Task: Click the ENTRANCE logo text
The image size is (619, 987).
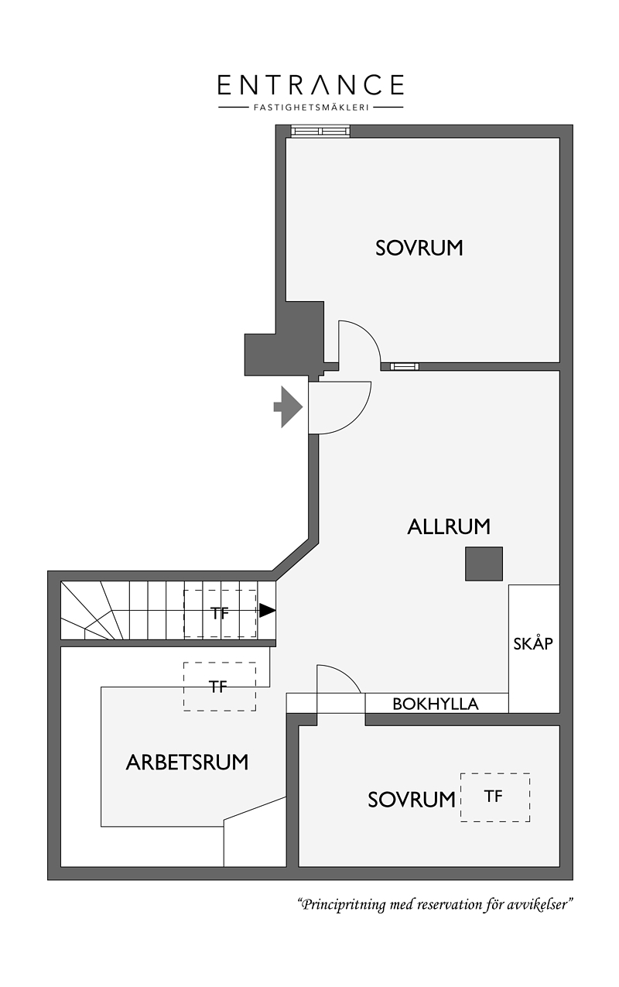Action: [310, 84]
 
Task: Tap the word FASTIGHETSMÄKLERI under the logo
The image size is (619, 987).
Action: [310, 107]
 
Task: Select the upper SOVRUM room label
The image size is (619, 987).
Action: [419, 248]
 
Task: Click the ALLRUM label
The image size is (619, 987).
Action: [449, 526]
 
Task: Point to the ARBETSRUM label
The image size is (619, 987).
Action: [187, 763]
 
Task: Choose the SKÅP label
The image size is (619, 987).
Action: [533, 644]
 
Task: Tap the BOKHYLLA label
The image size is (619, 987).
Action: [436, 704]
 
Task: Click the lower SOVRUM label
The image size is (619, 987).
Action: [412, 800]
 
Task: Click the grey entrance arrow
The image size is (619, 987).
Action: [288, 406]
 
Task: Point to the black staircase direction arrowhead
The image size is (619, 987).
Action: [267, 610]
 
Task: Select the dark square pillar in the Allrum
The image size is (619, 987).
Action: [484, 564]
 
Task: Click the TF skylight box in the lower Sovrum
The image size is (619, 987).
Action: [495, 797]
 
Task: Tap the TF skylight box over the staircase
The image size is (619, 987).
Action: [220, 613]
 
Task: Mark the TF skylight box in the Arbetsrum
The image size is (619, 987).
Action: [220, 686]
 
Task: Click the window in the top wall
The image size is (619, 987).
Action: [320, 132]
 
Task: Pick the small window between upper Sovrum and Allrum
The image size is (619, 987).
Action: [404, 366]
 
